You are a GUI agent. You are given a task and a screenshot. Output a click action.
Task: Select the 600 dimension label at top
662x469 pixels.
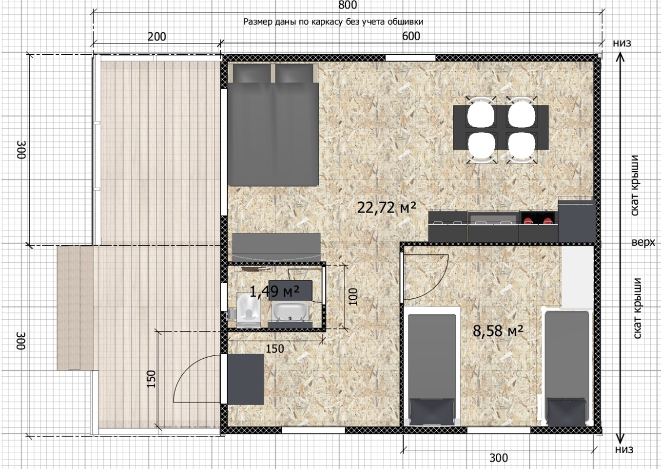coord(411,36)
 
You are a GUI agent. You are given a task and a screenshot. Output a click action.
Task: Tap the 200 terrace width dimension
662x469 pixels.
coord(156,36)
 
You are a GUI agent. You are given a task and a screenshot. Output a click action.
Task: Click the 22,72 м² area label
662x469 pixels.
coord(387,207)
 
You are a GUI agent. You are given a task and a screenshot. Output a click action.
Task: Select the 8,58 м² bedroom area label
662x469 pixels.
coord(498,331)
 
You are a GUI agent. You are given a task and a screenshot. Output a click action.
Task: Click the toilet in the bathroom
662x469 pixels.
coord(247,311)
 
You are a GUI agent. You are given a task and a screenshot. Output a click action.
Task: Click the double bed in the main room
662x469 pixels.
coord(273,125)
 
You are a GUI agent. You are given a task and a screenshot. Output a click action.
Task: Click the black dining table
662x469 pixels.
coord(500,127)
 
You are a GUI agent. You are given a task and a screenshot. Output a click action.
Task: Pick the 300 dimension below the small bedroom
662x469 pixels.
coord(499,458)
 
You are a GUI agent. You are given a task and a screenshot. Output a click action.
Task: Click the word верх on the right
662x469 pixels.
coord(643,242)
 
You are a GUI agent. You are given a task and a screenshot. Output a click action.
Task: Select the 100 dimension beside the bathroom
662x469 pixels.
coord(354,297)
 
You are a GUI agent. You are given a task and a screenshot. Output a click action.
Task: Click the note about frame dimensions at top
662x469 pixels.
coord(333,21)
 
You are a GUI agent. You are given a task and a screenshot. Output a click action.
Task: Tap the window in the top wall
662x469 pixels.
coord(410,58)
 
